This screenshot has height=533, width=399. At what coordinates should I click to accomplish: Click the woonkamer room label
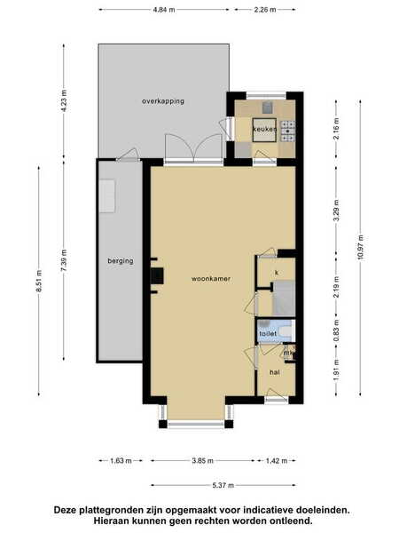[x=211, y=279]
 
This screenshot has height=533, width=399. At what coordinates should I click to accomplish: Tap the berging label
[x=121, y=261]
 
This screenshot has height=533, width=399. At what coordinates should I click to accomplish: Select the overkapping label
[x=163, y=101]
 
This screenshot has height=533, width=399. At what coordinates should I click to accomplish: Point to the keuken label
[x=264, y=129]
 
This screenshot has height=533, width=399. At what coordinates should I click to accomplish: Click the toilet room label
[x=268, y=334]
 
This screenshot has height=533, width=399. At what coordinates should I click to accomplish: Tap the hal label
[x=275, y=372]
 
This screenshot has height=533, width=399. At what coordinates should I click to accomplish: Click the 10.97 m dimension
[x=360, y=248]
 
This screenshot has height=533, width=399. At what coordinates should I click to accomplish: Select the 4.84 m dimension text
[x=164, y=10]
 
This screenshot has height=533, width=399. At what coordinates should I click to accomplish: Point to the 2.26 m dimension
[x=265, y=10]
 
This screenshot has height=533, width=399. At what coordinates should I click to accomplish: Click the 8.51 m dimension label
[x=39, y=281]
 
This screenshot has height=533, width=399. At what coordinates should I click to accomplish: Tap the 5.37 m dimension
[x=223, y=485]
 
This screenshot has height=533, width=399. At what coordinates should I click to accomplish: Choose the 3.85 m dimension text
[x=202, y=461]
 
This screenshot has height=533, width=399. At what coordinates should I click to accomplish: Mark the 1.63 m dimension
[x=121, y=461]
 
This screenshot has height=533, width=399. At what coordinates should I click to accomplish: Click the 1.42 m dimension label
[x=277, y=461]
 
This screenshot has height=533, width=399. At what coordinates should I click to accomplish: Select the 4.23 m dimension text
[x=64, y=100]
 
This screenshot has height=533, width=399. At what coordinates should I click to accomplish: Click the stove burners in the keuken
[x=288, y=131]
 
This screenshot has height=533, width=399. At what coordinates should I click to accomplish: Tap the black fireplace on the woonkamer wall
[x=157, y=275]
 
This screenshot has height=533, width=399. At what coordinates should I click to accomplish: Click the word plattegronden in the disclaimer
[x=107, y=510]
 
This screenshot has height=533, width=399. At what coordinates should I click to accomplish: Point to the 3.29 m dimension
[x=336, y=211]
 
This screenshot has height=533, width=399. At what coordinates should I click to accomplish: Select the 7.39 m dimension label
[x=64, y=260]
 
